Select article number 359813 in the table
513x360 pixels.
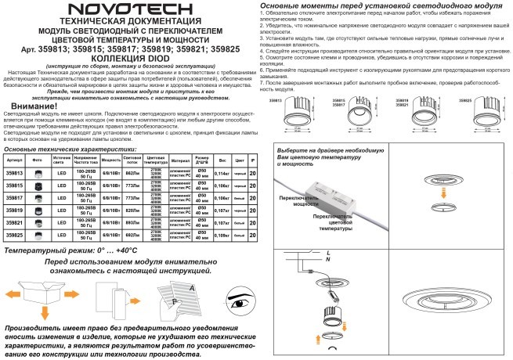14,173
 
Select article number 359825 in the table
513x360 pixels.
14,235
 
